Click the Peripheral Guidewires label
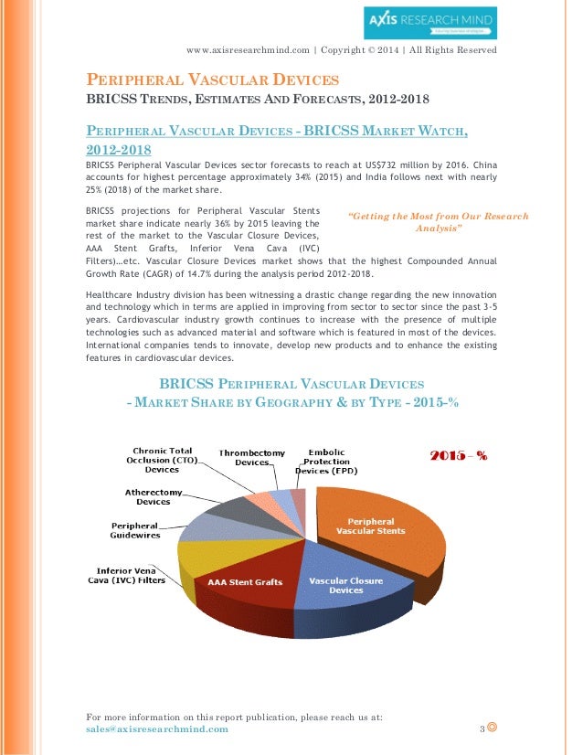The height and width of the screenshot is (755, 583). click(136, 530)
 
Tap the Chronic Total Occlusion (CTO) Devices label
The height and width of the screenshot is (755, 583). click(162, 460)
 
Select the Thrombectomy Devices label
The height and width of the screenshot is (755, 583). click(251, 457)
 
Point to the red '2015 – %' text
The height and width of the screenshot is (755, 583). click(458, 455)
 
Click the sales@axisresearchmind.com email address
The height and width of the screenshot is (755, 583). click(156, 729)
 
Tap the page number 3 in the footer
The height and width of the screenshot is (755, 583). click(482, 729)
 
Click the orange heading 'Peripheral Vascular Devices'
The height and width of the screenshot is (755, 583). click(212, 80)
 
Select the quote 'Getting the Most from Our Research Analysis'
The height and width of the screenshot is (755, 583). click(439, 222)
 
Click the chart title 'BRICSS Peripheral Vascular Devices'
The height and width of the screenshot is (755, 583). click(291, 385)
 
